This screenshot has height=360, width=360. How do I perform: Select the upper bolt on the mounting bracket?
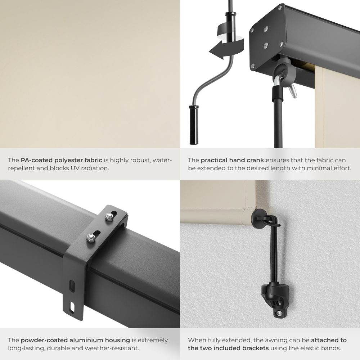(108, 216)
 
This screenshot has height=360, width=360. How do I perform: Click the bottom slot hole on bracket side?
(73, 306)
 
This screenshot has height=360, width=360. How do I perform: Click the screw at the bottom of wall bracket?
(279, 314)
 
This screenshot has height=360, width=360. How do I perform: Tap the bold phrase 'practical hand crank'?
(232, 160)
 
